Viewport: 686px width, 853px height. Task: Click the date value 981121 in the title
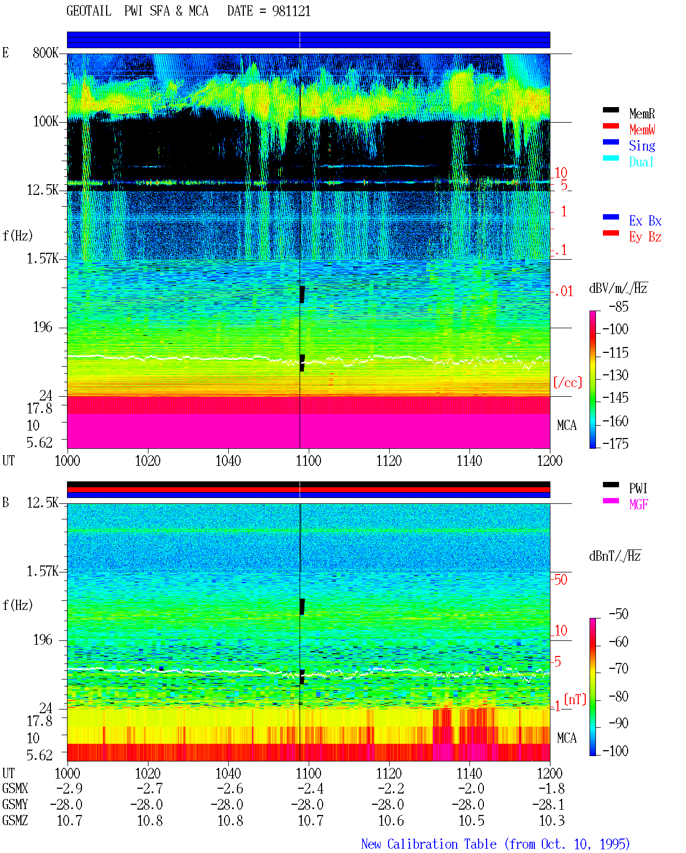[x=291, y=11]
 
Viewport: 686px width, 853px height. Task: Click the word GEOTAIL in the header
[x=89, y=11]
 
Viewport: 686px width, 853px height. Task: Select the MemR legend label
[x=642, y=114]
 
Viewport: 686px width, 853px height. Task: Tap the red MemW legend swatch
[x=610, y=126]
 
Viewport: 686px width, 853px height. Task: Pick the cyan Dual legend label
[x=642, y=162]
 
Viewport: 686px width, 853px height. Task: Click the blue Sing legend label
[x=642, y=146]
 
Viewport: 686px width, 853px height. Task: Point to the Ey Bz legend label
[x=645, y=237]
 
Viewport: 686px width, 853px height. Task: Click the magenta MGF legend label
[x=638, y=504]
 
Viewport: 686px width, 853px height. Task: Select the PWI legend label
[x=638, y=488]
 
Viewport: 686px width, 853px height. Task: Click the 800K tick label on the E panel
[x=46, y=52]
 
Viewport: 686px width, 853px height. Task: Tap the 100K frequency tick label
[x=46, y=122]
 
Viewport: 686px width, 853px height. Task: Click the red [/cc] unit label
[x=568, y=382]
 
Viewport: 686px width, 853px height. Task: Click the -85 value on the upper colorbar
[x=618, y=306]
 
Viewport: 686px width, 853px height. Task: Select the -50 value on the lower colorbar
[x=618, y=614]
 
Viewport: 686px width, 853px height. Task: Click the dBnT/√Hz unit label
[x=615, y=556]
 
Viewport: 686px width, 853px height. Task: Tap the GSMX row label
[x=15, y=788]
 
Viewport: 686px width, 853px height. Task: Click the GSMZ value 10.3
[x=551, y=820]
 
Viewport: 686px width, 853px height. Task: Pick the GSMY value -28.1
[x=548, y=805]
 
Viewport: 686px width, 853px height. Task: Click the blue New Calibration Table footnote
[x=496, y=844]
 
